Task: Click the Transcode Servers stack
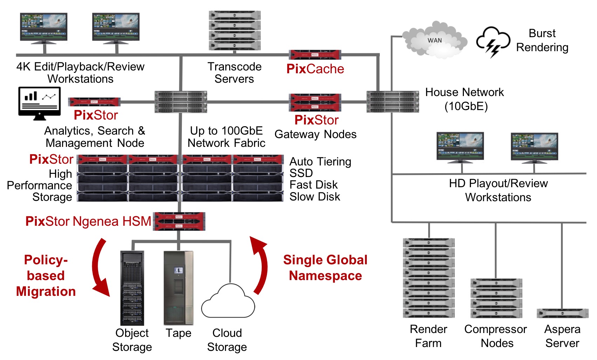coord(234,30)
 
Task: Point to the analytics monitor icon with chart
coord(39,103)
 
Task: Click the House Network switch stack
coord(392,102)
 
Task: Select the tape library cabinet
coord(178,288)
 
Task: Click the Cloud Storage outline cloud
coord(228,302)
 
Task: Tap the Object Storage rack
coord(132,288)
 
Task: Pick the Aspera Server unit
coord(562,313)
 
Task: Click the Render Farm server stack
coord(428,278)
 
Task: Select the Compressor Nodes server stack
coord(496,298)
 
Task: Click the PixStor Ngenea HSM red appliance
coord(179,221)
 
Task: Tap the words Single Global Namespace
coord(325,268)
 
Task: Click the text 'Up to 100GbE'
coord(226,131)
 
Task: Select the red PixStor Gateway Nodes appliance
coord(315,102)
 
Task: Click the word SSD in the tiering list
coord(301,173)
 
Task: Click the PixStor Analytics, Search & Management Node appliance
coord(94,102)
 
